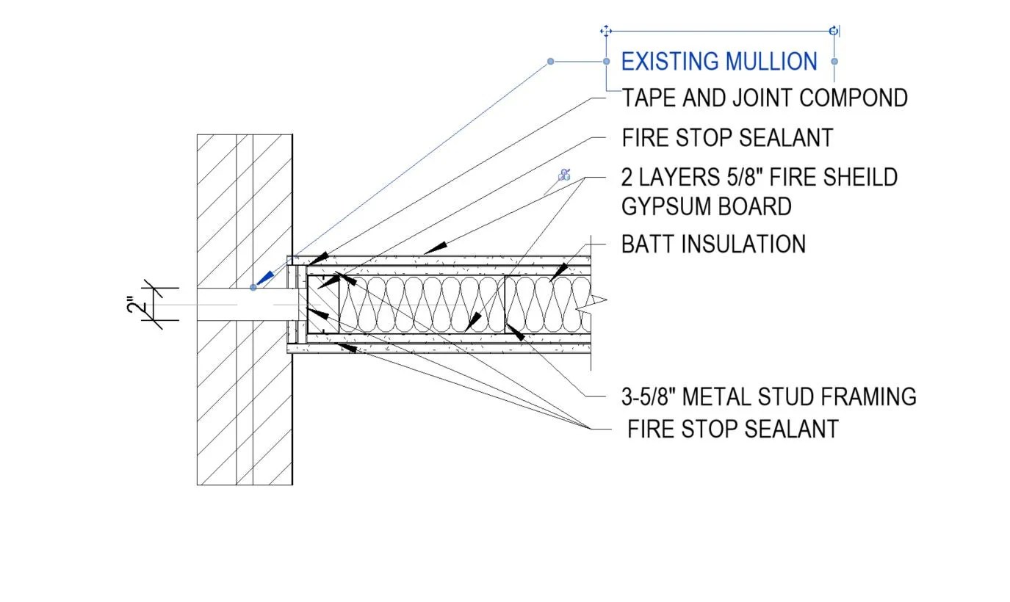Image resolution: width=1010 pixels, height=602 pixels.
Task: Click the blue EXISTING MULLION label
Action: coord(718,61)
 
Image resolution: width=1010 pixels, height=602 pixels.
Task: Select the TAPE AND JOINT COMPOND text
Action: coord(765,98)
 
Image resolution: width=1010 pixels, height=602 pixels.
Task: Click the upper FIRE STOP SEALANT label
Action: coord(727,137)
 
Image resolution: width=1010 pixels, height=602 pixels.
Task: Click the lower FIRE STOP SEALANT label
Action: coord(732,429)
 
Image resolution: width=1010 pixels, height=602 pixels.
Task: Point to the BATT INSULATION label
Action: coord(713,244)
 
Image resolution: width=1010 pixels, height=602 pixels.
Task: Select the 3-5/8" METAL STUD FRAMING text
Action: coord(768,396)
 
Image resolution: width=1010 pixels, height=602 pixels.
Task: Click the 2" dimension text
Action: coord(133,303)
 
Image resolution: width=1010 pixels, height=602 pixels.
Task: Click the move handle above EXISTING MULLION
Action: coord(606,31)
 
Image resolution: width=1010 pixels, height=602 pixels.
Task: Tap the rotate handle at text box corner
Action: coord(833,31)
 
